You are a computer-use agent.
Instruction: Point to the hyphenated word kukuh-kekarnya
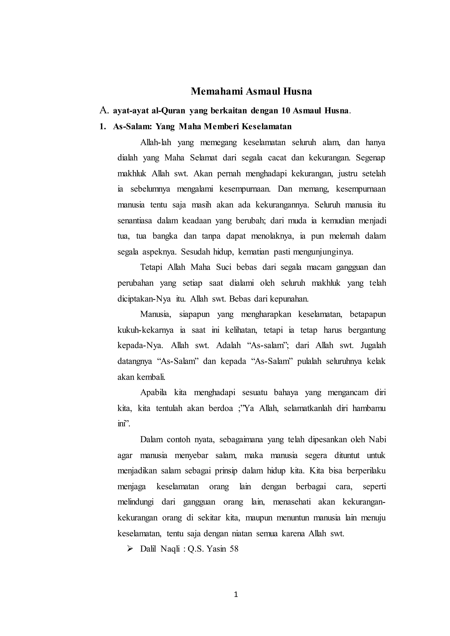pyautogui.click(x=145, y=330)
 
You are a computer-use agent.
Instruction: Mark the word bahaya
pyautogui.click(x=286, y=392)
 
